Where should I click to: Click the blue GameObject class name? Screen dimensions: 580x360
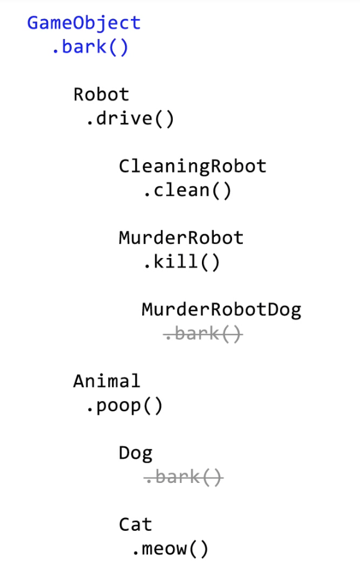(84, 23)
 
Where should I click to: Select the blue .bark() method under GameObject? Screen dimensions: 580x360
(90, 47)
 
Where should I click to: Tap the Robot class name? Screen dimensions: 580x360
(101, 94)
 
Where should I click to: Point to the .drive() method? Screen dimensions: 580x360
(130, 119)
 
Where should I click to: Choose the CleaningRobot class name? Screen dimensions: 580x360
(192, 166)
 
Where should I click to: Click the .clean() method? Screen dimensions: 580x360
(187, 191)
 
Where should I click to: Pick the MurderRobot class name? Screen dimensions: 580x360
(181, 238)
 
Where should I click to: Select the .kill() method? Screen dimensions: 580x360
(181, 262)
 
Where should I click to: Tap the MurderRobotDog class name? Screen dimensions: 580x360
(221, 310)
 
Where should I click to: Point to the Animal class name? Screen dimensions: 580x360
(107, 381)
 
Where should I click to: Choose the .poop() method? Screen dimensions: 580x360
(124, 406)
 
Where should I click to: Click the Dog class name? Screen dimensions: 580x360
(136, 453)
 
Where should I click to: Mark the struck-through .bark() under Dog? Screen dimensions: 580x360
(183, 477)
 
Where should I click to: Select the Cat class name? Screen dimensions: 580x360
(136, 524)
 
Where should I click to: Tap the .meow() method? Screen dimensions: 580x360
(171, 549)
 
